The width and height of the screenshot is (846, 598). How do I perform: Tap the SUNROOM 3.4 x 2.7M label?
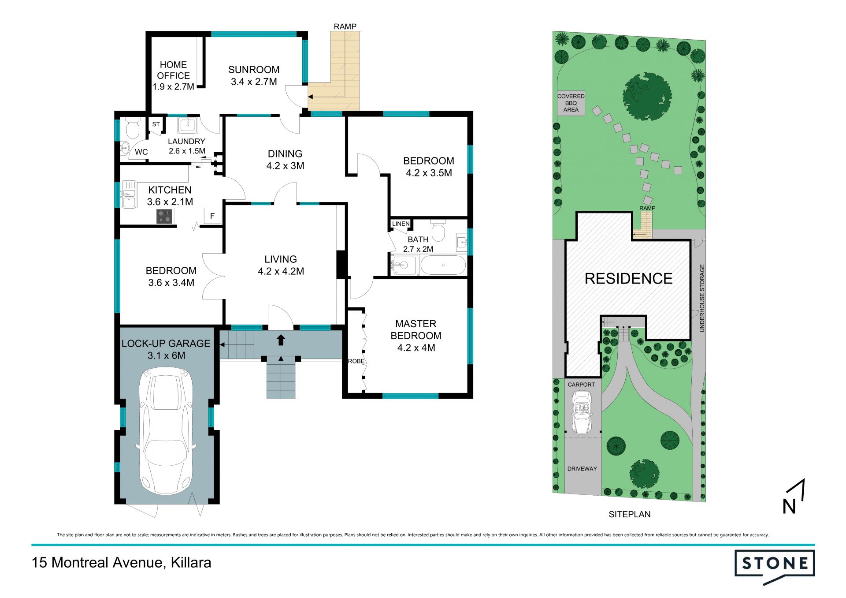tap(254, 75)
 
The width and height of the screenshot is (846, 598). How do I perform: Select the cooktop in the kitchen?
tap(165, 216)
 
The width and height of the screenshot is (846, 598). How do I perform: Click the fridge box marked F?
tap(212, 216)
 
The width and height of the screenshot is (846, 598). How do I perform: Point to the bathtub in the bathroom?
tap(443, 265)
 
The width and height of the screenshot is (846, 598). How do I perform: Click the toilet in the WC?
tap(132, 128)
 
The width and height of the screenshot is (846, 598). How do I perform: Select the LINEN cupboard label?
tap(401, 224)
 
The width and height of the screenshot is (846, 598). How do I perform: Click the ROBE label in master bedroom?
tap(356, 361)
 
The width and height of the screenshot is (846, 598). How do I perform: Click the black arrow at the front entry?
tap(281, 340)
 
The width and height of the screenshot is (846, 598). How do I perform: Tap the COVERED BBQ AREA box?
tap(571, 103)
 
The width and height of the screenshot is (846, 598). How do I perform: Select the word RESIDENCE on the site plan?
tap(628, 279)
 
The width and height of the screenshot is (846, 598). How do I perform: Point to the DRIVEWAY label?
tap(582, 469)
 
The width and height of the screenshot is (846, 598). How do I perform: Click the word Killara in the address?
tap(191, 563)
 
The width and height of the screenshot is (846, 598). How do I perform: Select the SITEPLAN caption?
tap(629, 514)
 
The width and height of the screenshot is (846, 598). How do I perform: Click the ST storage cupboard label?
tap(156, 124)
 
